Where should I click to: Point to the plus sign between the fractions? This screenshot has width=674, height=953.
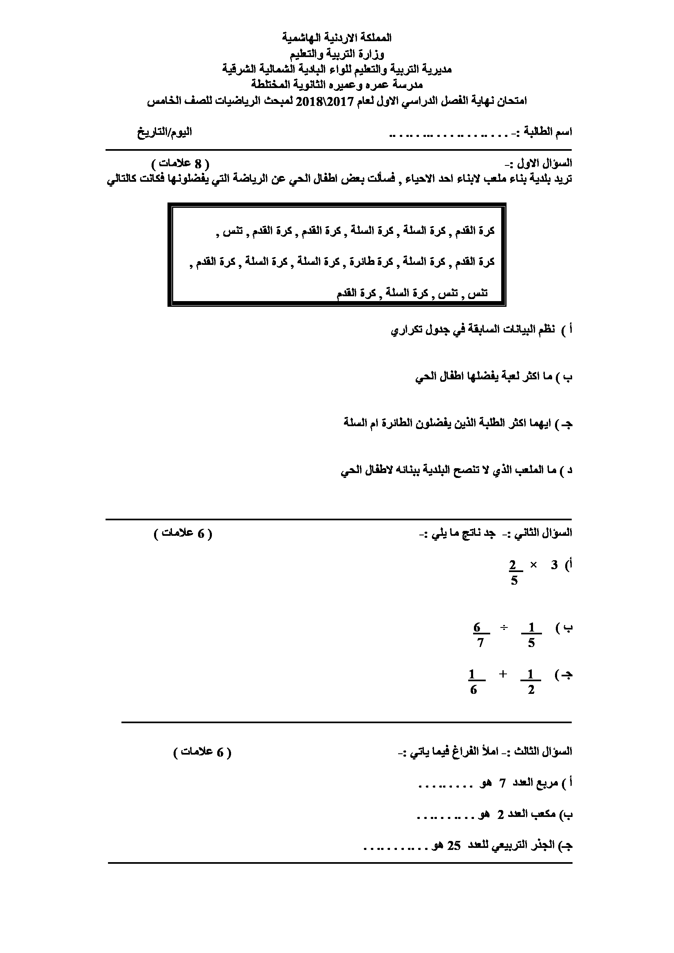[503, 674]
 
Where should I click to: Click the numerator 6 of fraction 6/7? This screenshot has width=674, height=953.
[477, 627]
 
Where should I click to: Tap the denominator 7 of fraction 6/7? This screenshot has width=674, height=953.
[480, 644]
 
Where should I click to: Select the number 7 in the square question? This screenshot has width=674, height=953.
[502, 783]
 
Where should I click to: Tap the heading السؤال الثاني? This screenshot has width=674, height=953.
[544, 533]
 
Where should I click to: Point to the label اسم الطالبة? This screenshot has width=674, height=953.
[548, 132]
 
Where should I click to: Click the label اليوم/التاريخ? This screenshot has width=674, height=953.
[165, 132]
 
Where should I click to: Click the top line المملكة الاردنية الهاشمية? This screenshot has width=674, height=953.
[337, 38]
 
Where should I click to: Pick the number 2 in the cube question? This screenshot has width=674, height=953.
[501, 814]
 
